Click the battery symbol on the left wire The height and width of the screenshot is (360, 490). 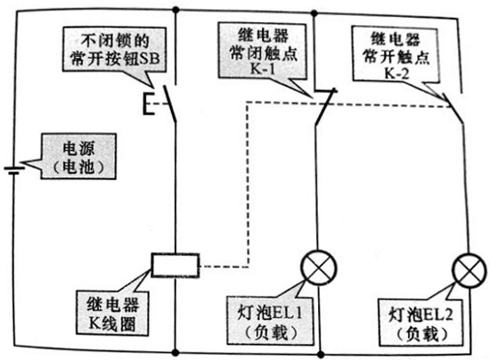pyautogui.click(x=13, y=169)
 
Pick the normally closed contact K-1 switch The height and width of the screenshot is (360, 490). pyautogui.click(x=323, y=105)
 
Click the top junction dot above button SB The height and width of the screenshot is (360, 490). pyautogui.click(x=178, y=11)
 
